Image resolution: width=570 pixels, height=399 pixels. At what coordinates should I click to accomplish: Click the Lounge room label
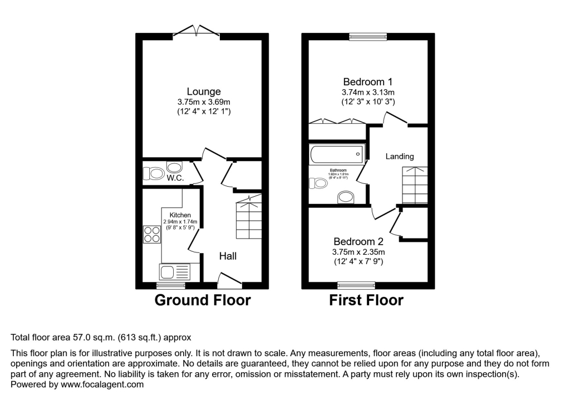pos(204,91)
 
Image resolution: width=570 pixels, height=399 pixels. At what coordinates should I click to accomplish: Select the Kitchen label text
pos(180,215)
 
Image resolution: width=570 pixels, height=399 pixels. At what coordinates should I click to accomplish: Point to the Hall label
pos(228,256)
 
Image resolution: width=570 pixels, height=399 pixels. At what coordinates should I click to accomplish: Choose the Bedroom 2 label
pos(359,242)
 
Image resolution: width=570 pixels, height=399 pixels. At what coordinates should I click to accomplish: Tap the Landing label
pos(400,157)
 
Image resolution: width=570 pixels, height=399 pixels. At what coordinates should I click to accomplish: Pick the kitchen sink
pos(174,272)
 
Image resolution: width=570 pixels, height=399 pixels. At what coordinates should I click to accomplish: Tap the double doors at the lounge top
pos(196,31)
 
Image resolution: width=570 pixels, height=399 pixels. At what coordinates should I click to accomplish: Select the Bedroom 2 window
pos(356,286)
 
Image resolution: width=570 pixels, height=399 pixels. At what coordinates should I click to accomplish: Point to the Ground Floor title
pos(202,300)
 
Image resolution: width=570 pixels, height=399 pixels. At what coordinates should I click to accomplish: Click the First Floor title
pos(366,300)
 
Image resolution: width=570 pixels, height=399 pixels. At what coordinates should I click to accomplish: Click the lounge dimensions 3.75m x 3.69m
pos(204,102)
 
